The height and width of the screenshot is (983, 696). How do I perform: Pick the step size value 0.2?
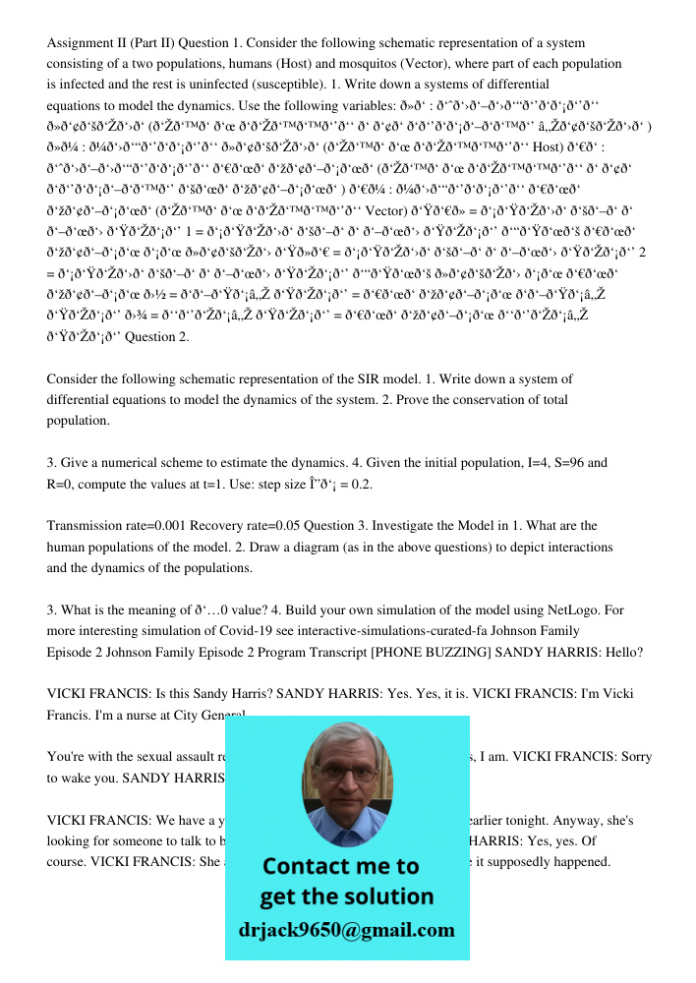362,484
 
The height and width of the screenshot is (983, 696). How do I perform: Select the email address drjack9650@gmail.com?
347,930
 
